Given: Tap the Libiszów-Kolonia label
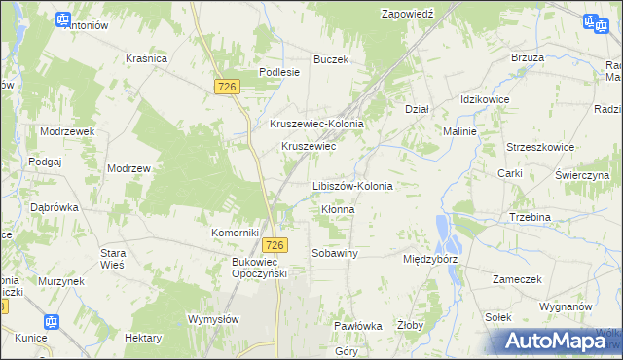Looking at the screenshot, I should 352,185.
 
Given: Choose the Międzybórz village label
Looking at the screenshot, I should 430,260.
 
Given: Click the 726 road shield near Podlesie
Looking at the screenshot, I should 227,88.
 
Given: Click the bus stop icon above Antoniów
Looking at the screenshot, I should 63,18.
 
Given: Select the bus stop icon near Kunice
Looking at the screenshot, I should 52,322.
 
